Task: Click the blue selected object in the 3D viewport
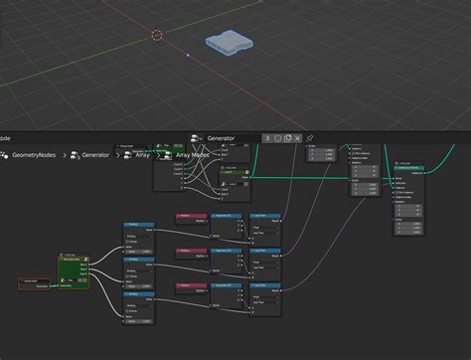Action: pyautogui.click(x=230, y=45)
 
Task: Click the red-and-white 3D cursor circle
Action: pyautogui.click(x=157, y=35)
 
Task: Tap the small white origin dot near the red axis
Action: pyautogui.click(x=188, y=56)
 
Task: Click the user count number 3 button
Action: pyautogui.click(x=266, y=138)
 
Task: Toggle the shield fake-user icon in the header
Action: pyautogui.click(x=277, y=138)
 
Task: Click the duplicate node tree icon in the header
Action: pyautogui.click(x=288, y=138)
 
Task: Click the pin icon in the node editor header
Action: pyautogui.click(x=310, y=138)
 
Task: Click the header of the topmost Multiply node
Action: pyautogui.click(x=138, y=225)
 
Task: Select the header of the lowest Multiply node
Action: pyautogui.click(x=138, y=294)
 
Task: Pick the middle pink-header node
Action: pyautogui.click(x=190, y=251)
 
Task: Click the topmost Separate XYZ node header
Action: pyautogui.click(x=230, y=215)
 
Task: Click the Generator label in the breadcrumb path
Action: pyautogui.click(x=95, y=155)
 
